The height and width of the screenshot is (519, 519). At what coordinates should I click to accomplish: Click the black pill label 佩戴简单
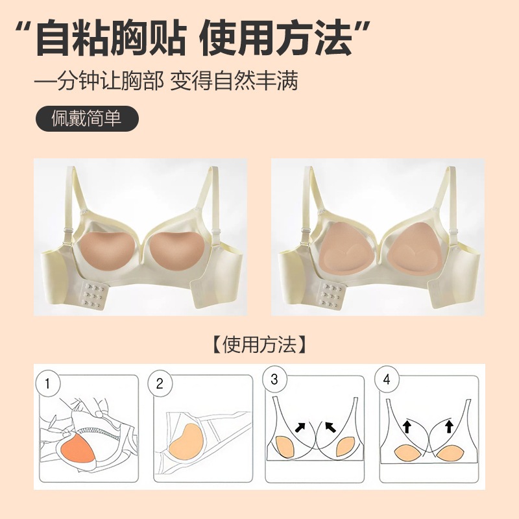[87, 119]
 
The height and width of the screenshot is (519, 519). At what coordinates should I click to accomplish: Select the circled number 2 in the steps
[159, 383]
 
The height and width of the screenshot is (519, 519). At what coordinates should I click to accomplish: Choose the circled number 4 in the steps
[387, 380]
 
